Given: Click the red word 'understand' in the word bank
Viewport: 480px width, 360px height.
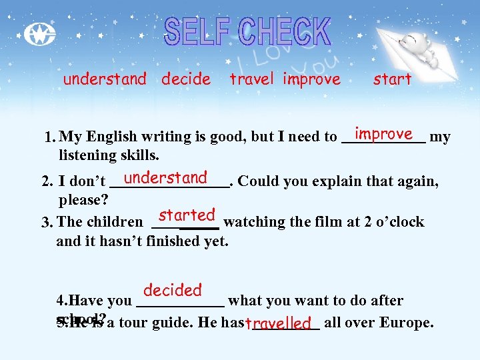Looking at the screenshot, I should [105, 79].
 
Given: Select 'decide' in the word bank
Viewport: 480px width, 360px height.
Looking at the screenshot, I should [186, 79].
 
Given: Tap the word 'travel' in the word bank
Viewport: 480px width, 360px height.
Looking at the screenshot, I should [251, 79].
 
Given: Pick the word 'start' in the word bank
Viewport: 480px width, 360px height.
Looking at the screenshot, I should [392, 79].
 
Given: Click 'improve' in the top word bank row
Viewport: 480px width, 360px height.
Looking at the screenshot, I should [311, 79].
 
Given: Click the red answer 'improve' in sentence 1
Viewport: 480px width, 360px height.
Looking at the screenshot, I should [383, 134].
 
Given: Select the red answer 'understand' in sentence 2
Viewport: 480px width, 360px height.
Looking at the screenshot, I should [165, 178].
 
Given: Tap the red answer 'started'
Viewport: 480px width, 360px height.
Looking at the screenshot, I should [187, 215].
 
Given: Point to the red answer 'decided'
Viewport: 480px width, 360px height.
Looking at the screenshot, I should [172, 290].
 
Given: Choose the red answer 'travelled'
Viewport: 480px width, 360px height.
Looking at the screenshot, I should [279, 324].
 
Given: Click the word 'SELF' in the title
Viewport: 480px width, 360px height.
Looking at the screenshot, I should [197, 32].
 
